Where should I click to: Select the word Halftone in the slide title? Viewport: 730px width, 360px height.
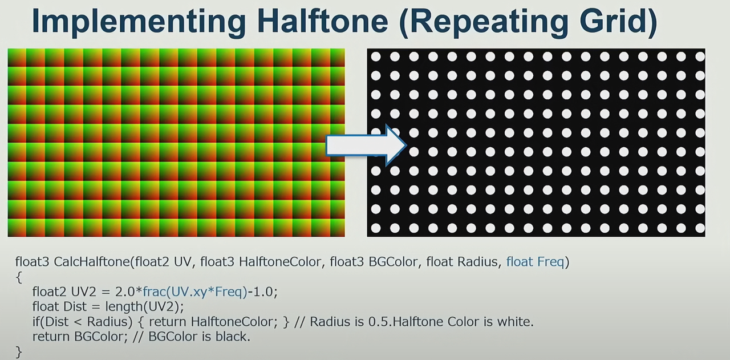tap(323, 21)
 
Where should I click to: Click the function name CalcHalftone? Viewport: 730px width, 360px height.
tap(92, 261)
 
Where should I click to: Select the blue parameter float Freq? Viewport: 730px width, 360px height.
tap(535, 261)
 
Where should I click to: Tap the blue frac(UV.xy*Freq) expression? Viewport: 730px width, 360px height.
tap(195, 292)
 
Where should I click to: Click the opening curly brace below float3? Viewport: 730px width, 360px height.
tap(19, 277)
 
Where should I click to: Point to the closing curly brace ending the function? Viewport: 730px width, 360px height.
tap(19, 352)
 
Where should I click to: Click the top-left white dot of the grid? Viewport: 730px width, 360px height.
tap(376, 56)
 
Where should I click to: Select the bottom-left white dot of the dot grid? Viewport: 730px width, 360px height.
tap(376, 228)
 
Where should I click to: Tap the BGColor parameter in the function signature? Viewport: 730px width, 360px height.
tap(393, 261)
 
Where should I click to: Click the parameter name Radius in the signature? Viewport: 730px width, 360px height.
tap(477, 261)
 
